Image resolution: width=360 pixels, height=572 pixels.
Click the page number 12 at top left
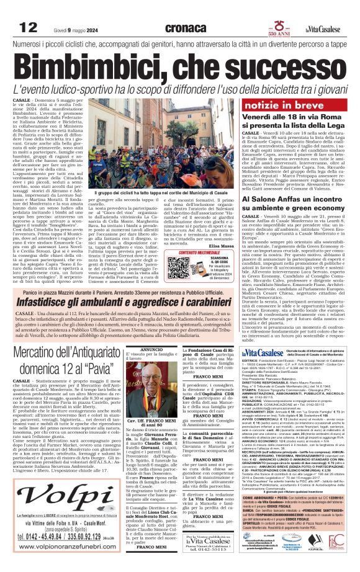(x=28, y=27)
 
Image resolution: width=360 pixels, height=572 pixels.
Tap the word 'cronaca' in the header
(x=190, y=27)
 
